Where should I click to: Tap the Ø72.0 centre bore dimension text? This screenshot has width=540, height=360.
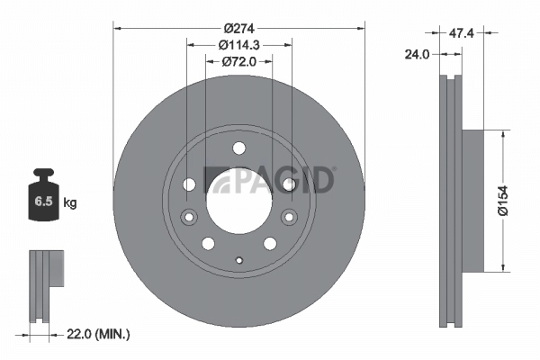238,61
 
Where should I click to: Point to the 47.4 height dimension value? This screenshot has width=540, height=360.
462,32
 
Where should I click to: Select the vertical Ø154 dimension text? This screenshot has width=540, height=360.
506,199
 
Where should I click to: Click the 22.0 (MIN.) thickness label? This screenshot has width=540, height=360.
99,334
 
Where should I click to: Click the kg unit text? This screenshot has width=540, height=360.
69,203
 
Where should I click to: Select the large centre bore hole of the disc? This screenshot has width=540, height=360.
238,200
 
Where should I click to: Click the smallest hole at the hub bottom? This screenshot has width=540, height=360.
238,262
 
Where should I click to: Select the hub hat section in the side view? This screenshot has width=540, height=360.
473,199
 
